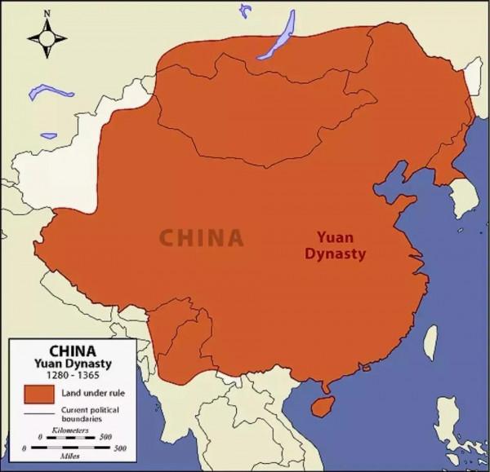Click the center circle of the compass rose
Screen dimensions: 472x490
pos(47,37)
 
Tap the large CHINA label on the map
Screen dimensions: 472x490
pos(201,237)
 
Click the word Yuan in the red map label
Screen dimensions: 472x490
pos(333,237)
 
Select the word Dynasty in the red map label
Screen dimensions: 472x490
pos(334,254)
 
